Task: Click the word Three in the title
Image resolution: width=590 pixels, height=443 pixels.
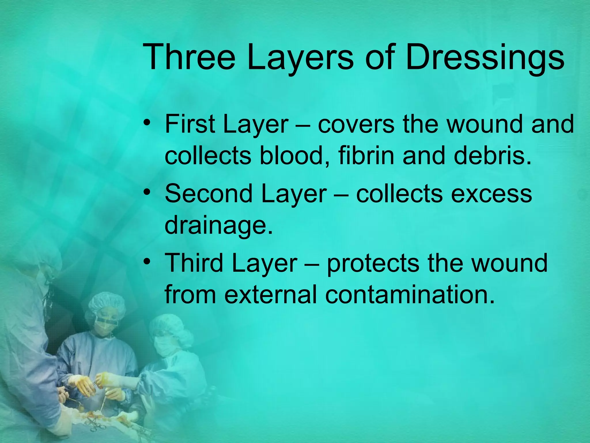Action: [189, 57]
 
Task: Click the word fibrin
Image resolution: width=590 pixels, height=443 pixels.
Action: [366, 156]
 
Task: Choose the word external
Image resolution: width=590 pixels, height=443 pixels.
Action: [271, 295]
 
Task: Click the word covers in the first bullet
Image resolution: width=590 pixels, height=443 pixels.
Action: [356, 125]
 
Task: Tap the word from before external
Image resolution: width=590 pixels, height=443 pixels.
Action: [190, 295]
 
